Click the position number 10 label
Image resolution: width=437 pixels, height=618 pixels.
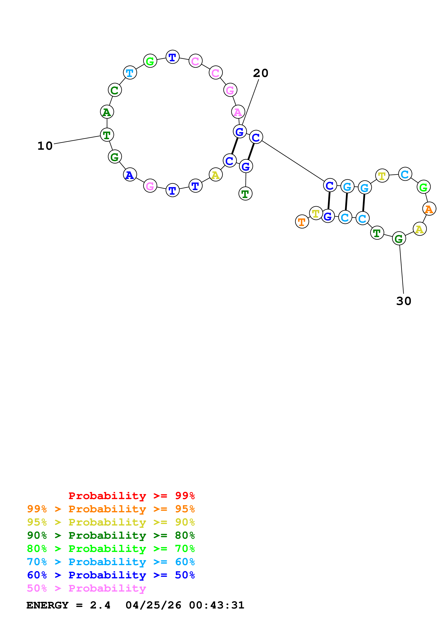(45, 146)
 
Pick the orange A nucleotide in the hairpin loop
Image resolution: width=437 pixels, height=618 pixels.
(429, 209)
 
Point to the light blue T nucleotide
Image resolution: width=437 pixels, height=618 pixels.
(130, 73)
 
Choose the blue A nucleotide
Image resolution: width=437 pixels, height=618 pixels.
(130, 175)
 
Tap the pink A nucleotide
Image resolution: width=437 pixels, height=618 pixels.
(238, 112)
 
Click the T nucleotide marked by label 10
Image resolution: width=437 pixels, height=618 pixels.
(107, 135)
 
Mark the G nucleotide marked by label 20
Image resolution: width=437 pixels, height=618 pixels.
(240, 131)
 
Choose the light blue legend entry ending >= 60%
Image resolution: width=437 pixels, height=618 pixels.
(111, 562)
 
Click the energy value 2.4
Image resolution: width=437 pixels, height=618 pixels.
(100, 605)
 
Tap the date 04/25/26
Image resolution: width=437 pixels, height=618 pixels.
(153, 605)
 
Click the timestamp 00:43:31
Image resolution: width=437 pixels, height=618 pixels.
(216, 605)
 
